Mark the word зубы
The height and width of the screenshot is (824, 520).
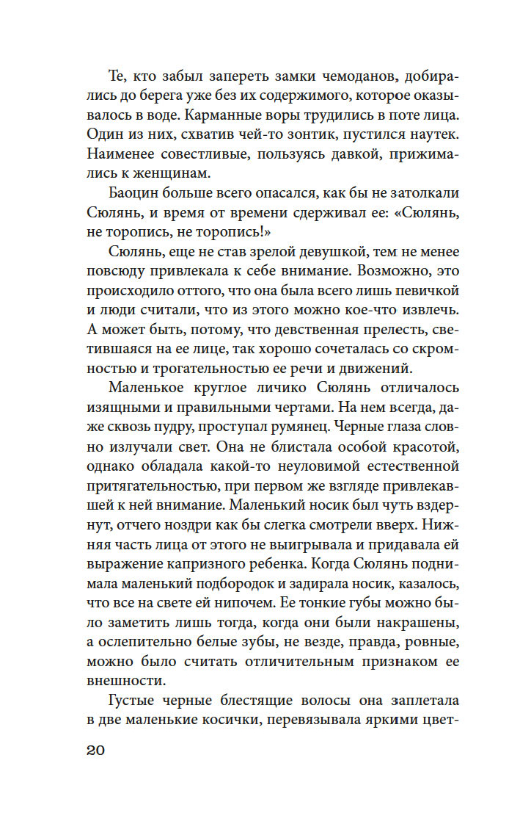coord(252,641)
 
